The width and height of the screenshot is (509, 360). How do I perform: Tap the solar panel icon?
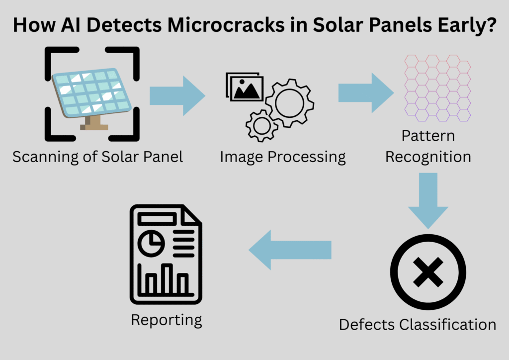pyautogui.click(x=91, y=92)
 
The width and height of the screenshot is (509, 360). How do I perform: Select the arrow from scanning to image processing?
pyautogui.click(x=177, y=95)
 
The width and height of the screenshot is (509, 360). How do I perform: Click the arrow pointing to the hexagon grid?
pyautogui.click(x=366, y=92)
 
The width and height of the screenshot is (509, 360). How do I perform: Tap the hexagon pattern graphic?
pyautogui.click(x=437, y=88)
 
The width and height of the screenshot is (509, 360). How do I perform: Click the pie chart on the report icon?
pyautogui.click(x=151, y=242)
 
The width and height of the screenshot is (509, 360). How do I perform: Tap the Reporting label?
pyautogui.click(x=167, y=320)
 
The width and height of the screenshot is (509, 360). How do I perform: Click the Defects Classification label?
pyautogui.click(x=418, y=325)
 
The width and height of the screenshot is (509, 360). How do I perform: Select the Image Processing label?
pyautogui.click(x=283, y=157)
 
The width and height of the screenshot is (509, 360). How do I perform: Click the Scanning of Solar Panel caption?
pyautogui.click(x=98, y=157)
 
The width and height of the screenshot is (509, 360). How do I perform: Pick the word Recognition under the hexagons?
pyautogui.click(x=428, y=157)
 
